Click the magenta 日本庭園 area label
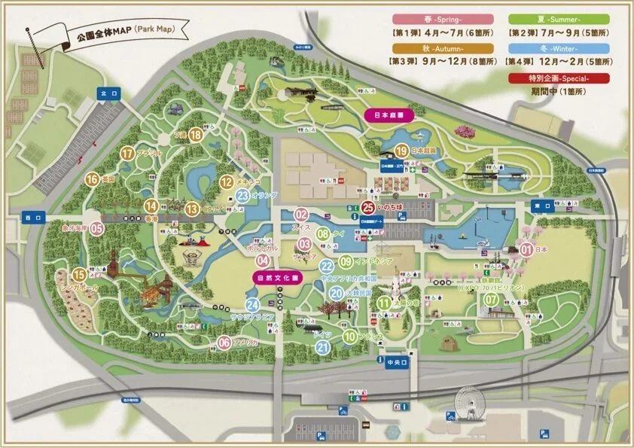pyautogui.click(x=385, y=116)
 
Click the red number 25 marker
pyautogui.click(x=368, y=208)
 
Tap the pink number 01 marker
pyautogui.click(x=527, y=248)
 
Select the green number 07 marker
pyautogui.click(x=491, y=300)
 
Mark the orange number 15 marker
pyautogui.click(x=79, y=275)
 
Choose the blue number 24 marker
pyautogui.click(x=252, y=305)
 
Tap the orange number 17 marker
pyautogui.click(x=127, y=154)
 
